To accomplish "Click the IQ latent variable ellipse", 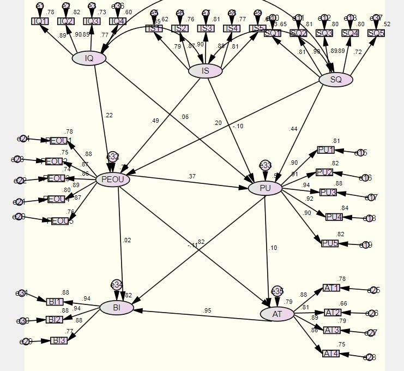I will coord(89,58).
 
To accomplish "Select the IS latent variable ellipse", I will coord(206,71).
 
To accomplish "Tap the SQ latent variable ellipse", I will coord(336,80).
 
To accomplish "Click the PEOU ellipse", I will coord(112,179).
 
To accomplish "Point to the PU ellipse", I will coord(265,189).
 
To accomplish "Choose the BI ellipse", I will coord(117,308).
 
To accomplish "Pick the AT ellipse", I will coord(277,314).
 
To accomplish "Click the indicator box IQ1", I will coord(40,21).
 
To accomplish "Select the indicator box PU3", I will coord(328,192).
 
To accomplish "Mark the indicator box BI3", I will coord(59,340).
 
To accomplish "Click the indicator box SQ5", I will coord(376,33).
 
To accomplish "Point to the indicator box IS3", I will coord(206,28).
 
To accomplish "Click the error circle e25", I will coord(373,290).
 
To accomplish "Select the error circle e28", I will coord(370,357).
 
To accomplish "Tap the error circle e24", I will coord(23,139).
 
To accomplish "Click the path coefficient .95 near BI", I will coord(207,311).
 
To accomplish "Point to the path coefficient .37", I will coord(192,176).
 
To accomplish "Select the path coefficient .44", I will coord(294,129).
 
